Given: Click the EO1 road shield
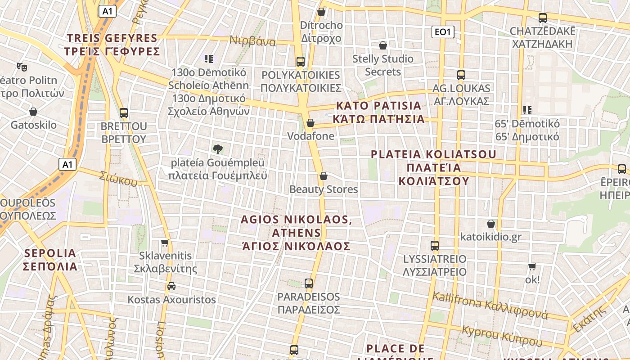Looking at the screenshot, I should pyautogui.click(x=443, y=32).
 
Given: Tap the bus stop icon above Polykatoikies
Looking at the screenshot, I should pyautogui.click(x=300, y=62).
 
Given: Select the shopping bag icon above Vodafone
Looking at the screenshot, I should pyautogui.click(x=310, y=123).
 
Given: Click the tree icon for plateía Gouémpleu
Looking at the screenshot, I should pyautogui.click(x=218, y=149).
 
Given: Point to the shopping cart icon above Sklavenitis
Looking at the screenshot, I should pyautogui.click(x=165, y=243).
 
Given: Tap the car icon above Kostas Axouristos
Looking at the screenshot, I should pyautogui.click(x=171, y=286).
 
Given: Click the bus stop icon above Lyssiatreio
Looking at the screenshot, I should pyautogui.click(x=435, y=246).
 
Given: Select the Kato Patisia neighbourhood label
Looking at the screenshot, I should pyautogui.click(x=378, y=112).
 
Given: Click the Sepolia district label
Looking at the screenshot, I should pyautogui.click(x=50, y=260).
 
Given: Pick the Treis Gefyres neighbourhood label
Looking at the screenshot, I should pyautogui.click(x=112, y=45).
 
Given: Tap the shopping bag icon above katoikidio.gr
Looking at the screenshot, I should pyautogui.click(x=491, y=224).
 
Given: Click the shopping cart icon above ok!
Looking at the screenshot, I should pyautogui.click(x=532, y=266).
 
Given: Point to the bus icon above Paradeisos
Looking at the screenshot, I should pyautogui.click(x=308, y=283).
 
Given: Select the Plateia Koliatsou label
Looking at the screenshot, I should pyautogui.click(x=434, y=167).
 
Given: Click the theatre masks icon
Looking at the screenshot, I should pyautogui.click(x=22, y=67).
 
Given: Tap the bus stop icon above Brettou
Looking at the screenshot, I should pyautogui.click(x=124, y=113).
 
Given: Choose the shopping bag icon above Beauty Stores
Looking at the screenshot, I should pyautogui.click(x=323, y=176).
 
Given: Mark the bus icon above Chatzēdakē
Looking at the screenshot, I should pyautogui.click(x=543, y=18).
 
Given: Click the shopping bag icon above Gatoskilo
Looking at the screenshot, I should pyautogui.click(x=33, y=112).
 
